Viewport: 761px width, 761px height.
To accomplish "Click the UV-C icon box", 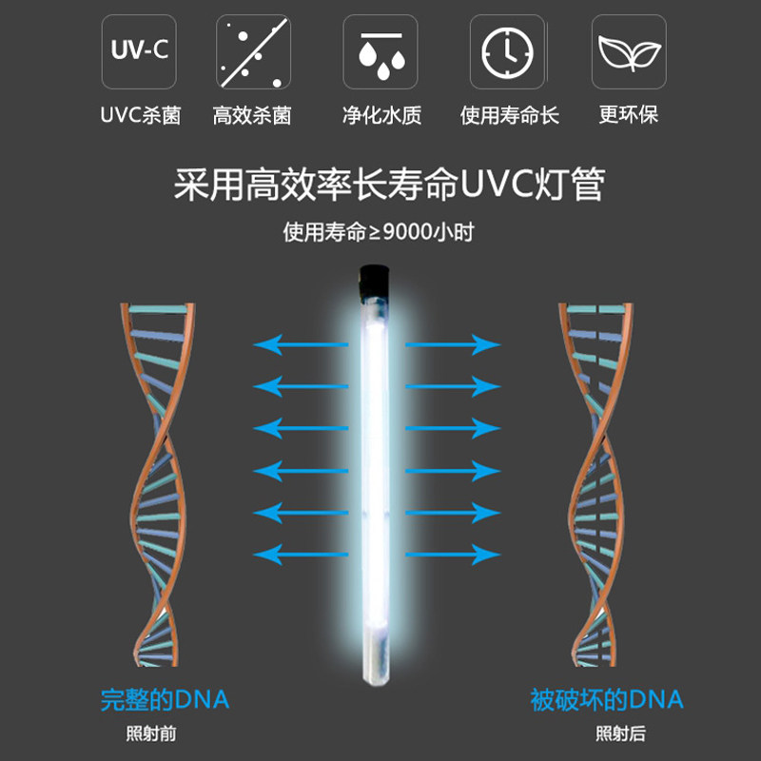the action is click(138, 52).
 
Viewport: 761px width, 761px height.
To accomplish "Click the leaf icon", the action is click(629, 52).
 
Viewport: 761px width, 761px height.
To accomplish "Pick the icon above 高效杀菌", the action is click(252, 52).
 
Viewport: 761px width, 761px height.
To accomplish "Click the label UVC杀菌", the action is click(141, 115).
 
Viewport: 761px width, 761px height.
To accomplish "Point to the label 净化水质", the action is click(381, 115).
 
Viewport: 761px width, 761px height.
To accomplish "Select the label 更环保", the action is click(629, 115).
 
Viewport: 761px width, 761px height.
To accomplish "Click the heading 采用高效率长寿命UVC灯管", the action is click(389, 184).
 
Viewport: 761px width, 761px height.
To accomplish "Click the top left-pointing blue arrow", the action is click(294, 344).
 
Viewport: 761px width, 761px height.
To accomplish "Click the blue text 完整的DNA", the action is click(165, 700).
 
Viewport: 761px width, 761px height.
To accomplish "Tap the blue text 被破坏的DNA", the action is click(607, 700).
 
